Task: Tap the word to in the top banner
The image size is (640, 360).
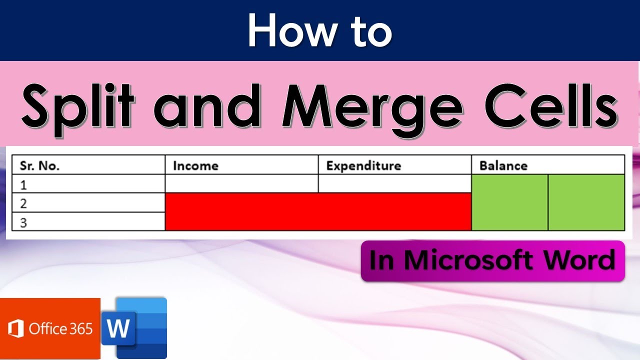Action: [368, 31]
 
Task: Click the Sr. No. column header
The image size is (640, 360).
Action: [40, 165]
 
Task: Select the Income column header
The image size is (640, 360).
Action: [195, 165]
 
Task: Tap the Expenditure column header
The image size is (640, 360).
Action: [363, 165]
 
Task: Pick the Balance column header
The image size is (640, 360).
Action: [503, 165]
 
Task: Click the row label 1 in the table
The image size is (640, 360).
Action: [23, 185]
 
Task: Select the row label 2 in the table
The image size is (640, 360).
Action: [23, 203]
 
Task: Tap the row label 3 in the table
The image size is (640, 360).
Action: [23, 222]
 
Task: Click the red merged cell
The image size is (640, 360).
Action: [318, 211]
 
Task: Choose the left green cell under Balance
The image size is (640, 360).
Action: [509, 202]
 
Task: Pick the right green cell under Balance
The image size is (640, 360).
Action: [586, 202]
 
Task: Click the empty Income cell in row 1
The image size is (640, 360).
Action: [241, 183]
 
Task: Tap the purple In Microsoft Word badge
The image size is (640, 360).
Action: [492, 260]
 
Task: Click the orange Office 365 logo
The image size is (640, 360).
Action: [50, 328]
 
